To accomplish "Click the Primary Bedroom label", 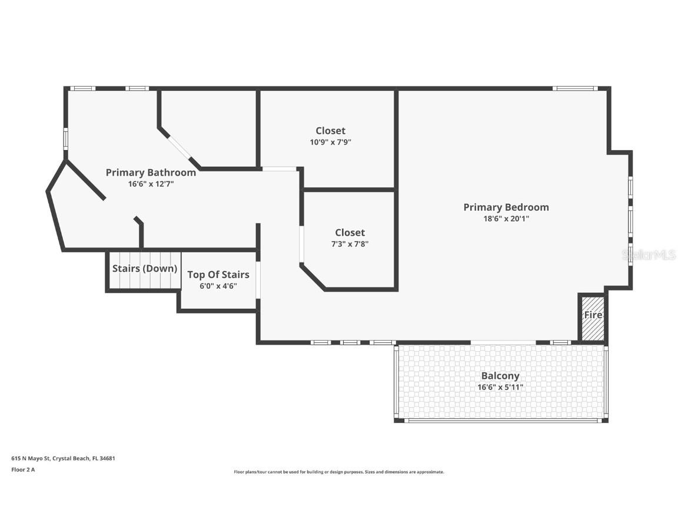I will click(x=506, y=207).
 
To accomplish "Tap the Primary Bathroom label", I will click(x=151, y=173).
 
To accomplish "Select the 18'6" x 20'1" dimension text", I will click(x=506, y=219).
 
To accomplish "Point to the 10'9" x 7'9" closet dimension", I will click(x=330, y=142).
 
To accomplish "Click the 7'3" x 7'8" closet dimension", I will click(x=350, y=244).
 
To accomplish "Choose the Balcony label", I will click(x=500, y=376).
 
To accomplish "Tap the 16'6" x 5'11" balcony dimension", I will click(x=500, y=387).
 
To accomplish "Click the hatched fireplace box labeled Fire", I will click(x=592, y=316).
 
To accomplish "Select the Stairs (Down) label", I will click(x=145, y=269).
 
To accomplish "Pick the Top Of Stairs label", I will click(x=218, y=275).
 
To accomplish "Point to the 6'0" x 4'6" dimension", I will click(x=218, y=286).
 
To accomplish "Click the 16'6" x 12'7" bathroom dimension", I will click(x=151, y=184).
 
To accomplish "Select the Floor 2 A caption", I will click(x=23, y=470).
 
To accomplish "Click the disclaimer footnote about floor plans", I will click(x=338, y=472).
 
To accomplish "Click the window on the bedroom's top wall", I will click(x=575, y=88).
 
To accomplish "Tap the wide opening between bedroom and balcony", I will click(x=503, y=342).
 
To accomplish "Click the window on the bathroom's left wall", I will click(x=66, y=139).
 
